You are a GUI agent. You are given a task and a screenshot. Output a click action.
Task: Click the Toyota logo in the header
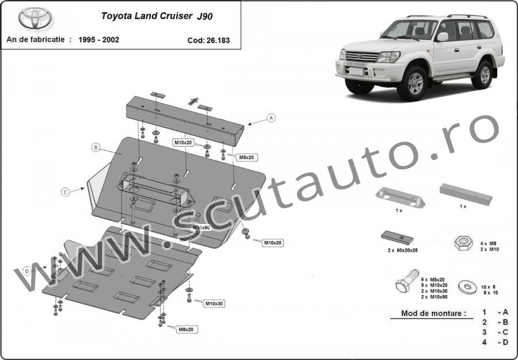(x=35, y=18)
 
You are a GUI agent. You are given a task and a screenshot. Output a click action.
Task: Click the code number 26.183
(x=218, y=41)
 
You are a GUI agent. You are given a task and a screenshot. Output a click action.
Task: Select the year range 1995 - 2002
(x=99, y=40)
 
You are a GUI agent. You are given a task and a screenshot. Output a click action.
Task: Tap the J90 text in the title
(x=205, y=17)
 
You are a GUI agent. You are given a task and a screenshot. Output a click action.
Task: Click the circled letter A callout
(x=271, y=118)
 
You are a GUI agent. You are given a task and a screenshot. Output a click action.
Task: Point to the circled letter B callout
(x=96, y=147)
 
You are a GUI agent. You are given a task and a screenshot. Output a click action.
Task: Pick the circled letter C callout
(x=65, y=192)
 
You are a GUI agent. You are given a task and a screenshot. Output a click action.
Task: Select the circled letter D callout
(x=27, y=271)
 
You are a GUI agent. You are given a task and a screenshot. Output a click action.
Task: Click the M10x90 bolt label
(x=201, y=228)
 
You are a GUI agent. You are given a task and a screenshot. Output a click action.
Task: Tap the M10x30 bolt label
(x=215, y=304)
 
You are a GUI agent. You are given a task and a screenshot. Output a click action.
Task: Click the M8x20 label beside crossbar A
(x=247, y=158)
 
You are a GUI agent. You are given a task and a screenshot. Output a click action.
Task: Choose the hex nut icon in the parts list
(x=463, y=243)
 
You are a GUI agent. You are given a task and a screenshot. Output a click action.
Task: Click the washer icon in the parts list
(x=467, y=286)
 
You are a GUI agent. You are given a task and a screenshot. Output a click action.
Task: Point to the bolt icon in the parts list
(x=407, y=281)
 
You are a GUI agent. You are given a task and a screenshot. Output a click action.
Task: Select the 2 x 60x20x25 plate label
(x=403, y=251)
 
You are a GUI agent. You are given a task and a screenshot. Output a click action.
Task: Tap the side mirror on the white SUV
(x=443, y=37)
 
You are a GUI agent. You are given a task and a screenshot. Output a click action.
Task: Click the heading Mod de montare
(x=433, y=313)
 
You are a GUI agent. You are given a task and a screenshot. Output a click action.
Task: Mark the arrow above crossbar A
(x=193, y=101)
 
